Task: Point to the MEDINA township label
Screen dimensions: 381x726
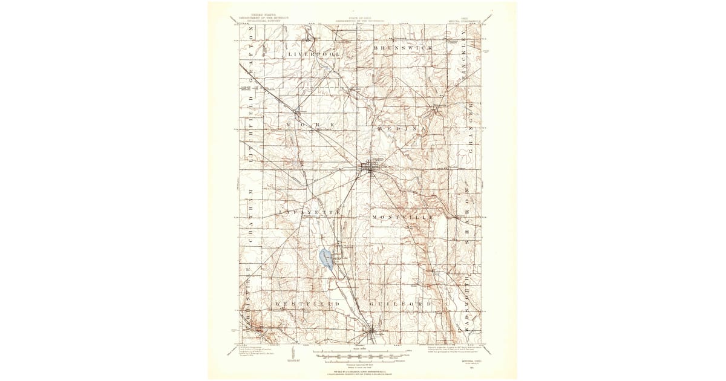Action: pyautogui.click(x=402, y=129)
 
